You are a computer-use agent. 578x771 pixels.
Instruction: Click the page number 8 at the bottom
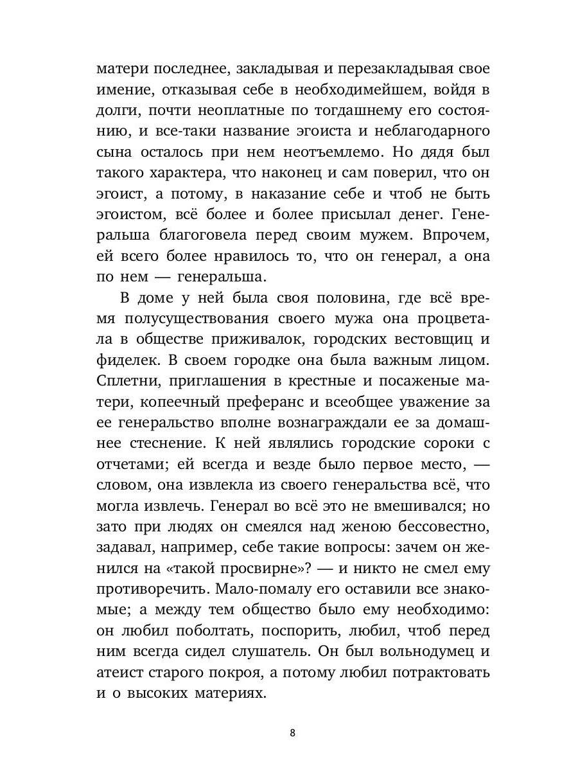[x=293, y=732]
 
